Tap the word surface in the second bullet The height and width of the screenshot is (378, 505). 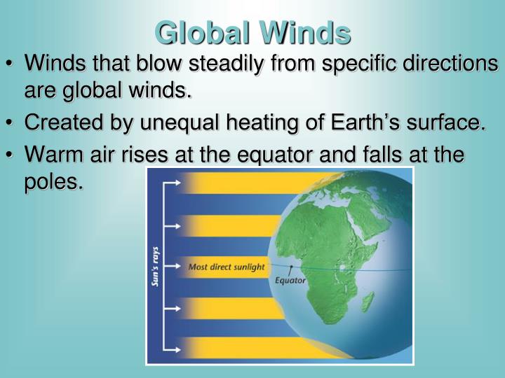click(x=440, y=122)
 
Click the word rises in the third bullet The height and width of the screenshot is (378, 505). click(x=149, y=155)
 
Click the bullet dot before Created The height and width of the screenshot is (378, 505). click(x=13, y=123)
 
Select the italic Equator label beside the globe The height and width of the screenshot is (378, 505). click(x=290, y=281)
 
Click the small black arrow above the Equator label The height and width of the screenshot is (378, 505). click(x=290, y=270)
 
